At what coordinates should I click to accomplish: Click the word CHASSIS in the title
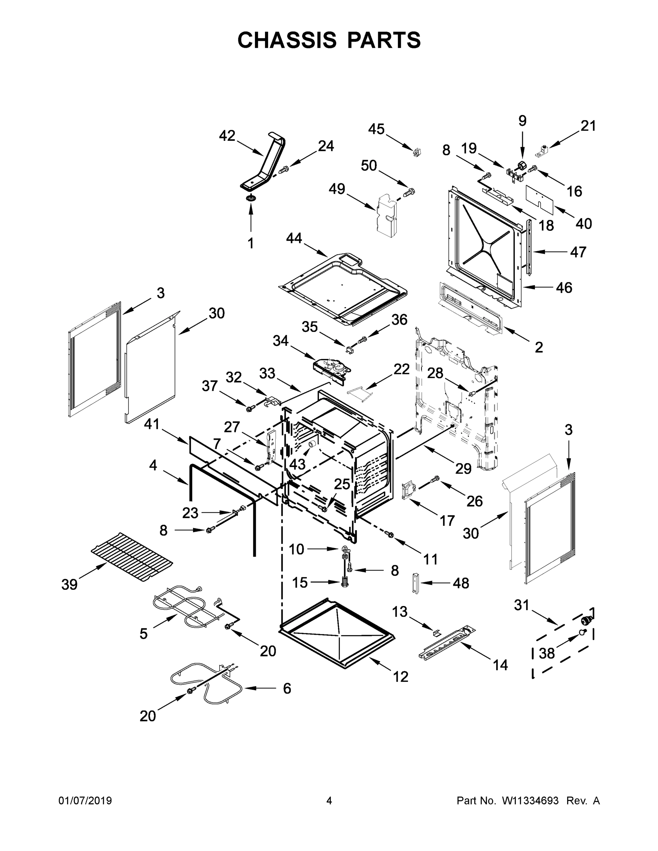tap(287, 40)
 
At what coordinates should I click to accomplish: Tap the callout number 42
tap(227, 136)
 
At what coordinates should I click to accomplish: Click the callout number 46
tap(564, 288)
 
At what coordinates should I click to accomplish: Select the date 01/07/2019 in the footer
tap(85, 801)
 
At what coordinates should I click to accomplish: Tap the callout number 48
tap(461, 583)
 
